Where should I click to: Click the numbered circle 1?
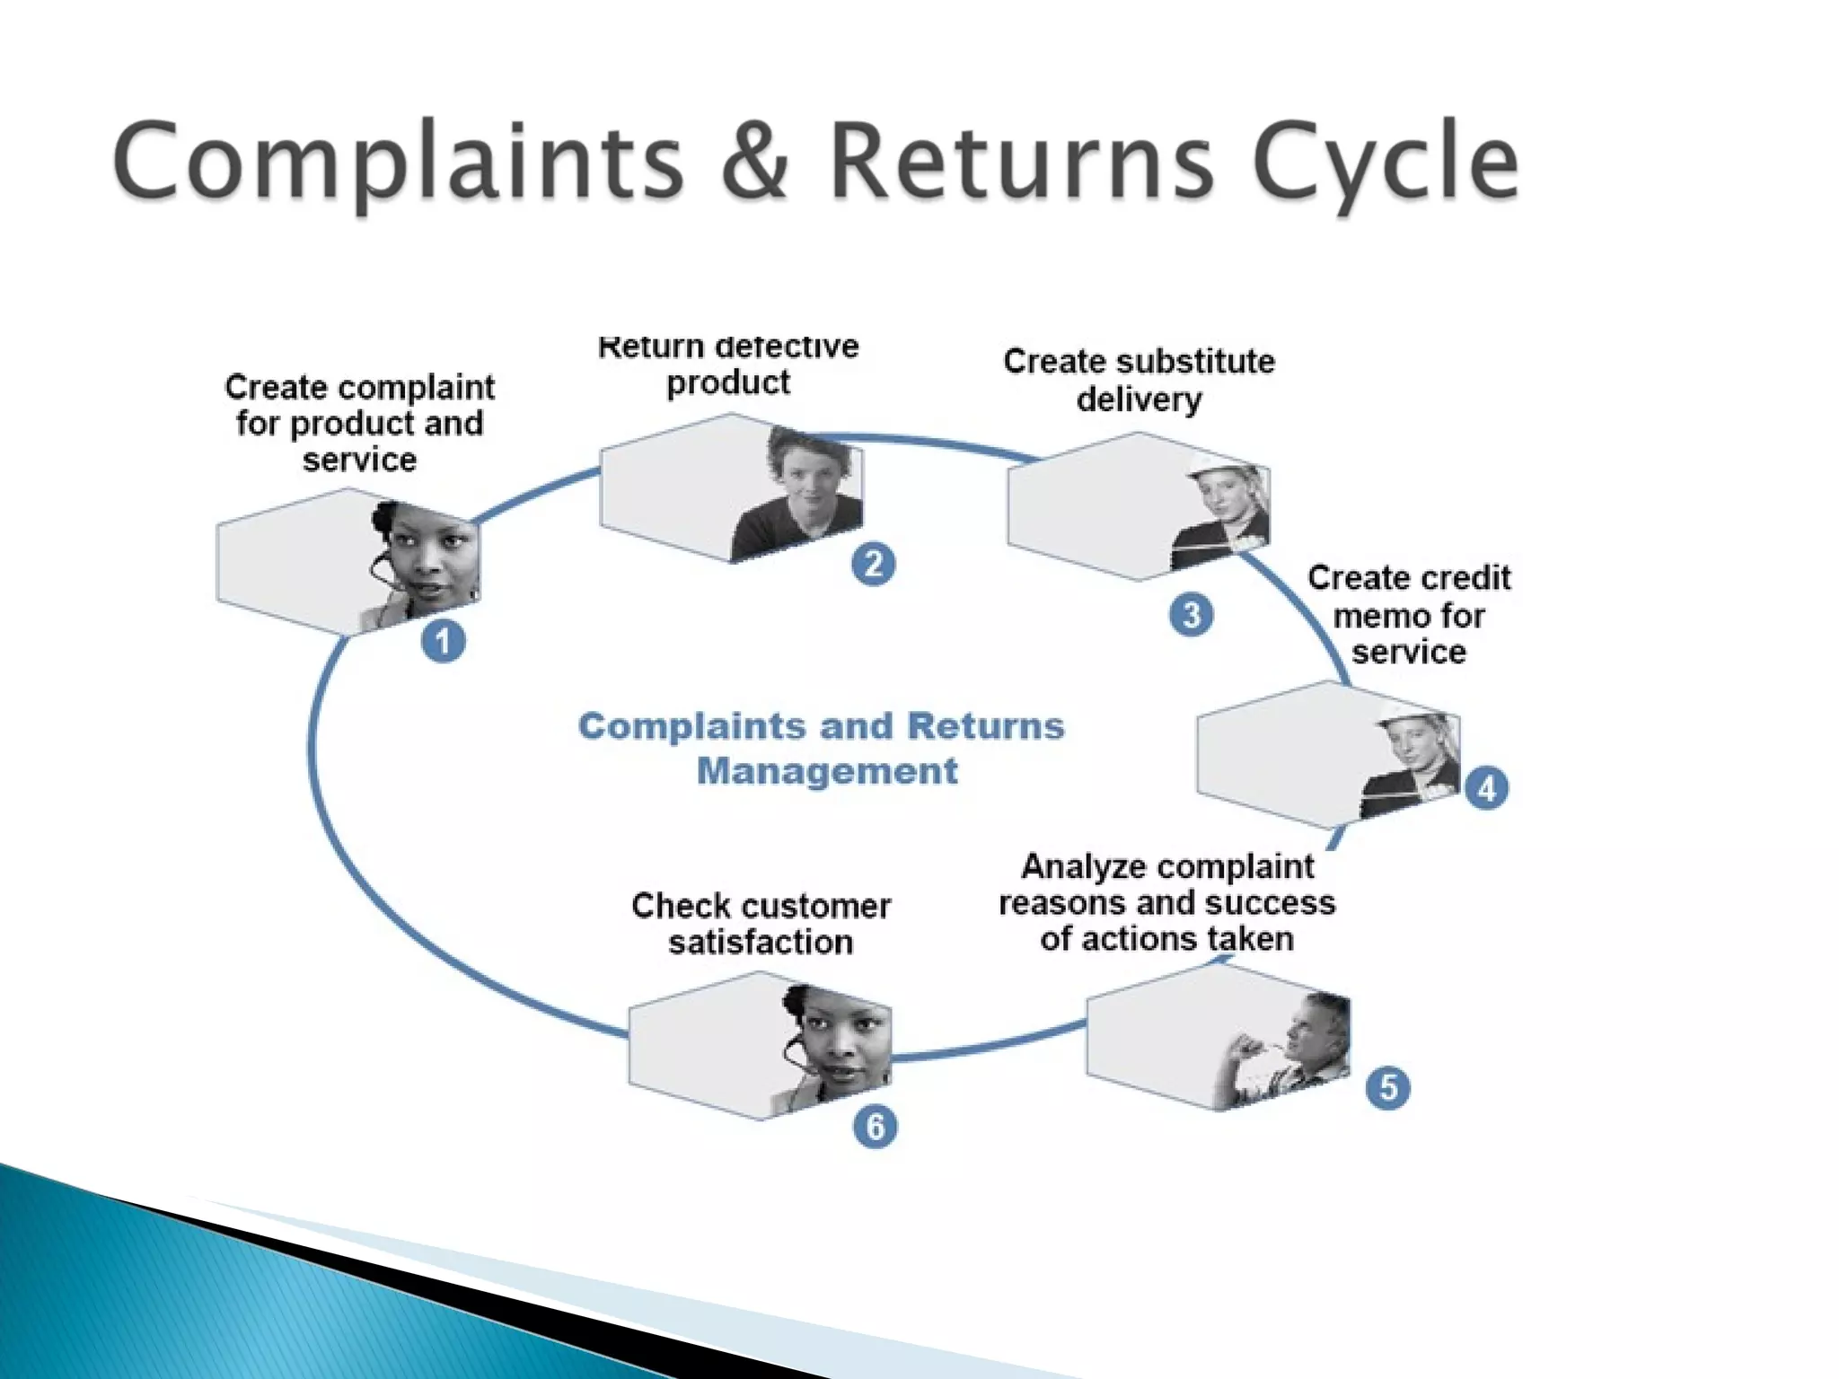(x=443, y=642)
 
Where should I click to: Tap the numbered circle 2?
(x=873, y=565)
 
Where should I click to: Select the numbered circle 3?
(x=1191, y=615)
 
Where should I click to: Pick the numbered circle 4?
(x=1486, y=788)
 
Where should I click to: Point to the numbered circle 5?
(x=1387, y=1087)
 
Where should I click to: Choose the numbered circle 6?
(x=875, y=1127)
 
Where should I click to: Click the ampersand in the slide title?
(x=754, y=162)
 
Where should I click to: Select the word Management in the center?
(x=827, y=771)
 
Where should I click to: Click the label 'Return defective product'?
(x=728, y=365)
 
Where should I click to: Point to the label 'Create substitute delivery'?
(x=1139, y=380)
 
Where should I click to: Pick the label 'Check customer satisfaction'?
(x=761, y=924)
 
